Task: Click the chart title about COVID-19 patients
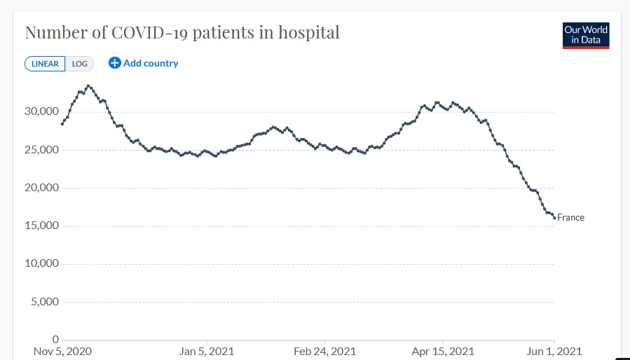[x=182, y=33]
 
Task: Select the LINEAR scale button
[x=45, y=64]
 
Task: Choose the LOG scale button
[x=80, y=64]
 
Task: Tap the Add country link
[x=151, y=63]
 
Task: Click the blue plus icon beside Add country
[x=115, y=63]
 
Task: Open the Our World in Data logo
[x=586, y=36]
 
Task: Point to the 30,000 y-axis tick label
[x=39, y=112]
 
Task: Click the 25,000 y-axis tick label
[x=39, y=150]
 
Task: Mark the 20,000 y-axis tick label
[x=39, y=188]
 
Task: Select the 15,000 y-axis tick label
[x=39, y=226]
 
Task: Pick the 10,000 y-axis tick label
[x=39, y=264]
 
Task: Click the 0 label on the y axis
[x=55, y=340]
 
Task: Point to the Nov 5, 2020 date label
[x=63, y=351]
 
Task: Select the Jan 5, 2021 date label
[x=206, y=351]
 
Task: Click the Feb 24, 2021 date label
[x=324, y=351]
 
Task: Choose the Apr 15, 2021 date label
[x=443, y=351]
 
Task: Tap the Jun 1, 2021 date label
[x=554, y=351]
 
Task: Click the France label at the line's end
[x=570, y=218]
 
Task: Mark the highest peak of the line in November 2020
[x=88, y=86]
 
